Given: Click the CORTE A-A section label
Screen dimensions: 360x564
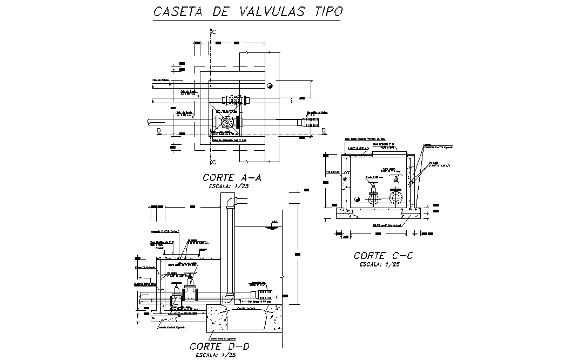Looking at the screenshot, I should pyautogui.click(x=231, y=177).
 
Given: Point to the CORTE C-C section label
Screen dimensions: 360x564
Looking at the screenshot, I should pyautogui.click(x=383, y=255).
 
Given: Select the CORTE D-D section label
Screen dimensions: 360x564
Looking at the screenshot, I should pyautogui.click(x=219, y=346).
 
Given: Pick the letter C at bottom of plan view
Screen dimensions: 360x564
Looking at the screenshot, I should pyautogui.click(x=214, y=162).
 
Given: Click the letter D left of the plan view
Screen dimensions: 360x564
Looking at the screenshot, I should pyautogui.click(x=158, y=131).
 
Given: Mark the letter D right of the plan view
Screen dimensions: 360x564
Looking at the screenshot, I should pyautogui.click(x=324, y=131).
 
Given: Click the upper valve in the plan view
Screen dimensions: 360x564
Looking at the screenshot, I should pyautogui.click(x=234, y=101).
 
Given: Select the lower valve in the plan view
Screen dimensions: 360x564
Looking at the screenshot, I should pyautogui.click(x=227, y=123).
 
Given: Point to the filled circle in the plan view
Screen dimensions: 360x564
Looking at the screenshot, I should pyautogui.click(x=269, y=86).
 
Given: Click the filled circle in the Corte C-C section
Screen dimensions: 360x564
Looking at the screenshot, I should pyautogui.click(x=357, y=198).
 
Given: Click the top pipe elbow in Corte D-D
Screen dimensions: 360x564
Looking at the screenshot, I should pyautogui.click(x=231, y=201).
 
